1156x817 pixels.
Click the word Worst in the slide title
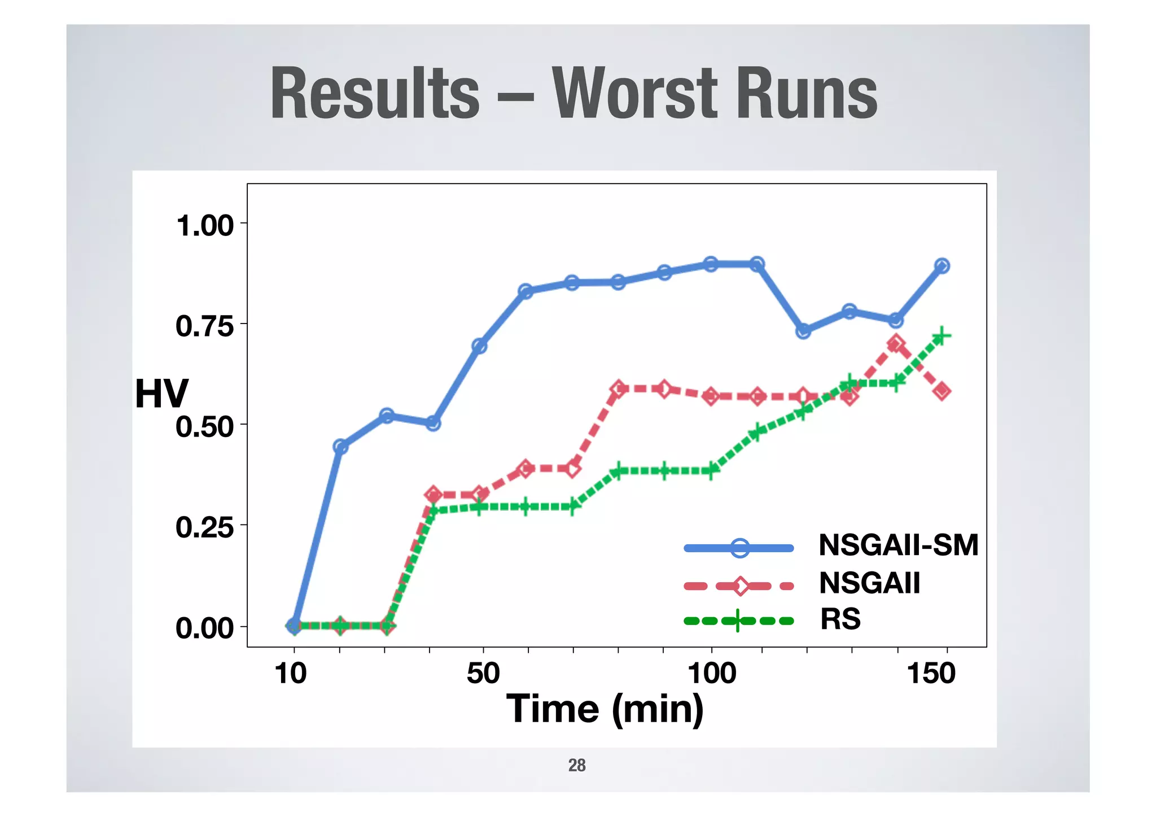click(x=636, y=93)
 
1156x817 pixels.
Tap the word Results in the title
click(x=375, y=93)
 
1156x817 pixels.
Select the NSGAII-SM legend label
click(x=898, y=545)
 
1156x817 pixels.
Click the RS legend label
click(x=840, y=619)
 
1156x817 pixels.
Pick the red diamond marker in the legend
click(x=740, y=586)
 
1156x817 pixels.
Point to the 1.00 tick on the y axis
click(x=205, y=225)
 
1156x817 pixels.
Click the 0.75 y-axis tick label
click(x=204, y=326)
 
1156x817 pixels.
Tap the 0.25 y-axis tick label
click(x=204, y=527)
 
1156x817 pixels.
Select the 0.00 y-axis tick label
click(x=204, y=628)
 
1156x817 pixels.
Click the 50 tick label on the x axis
click(x=483, y=673)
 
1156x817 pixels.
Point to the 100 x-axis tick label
click(x=711, y=673)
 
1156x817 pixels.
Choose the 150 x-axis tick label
click(x=931, y=673)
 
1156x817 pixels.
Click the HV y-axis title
click(x=161, y=394)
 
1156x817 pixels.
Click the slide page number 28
click(x=577, y=765)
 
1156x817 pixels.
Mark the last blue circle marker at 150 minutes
click(x=942, y=266)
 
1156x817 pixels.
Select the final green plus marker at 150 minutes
click(x=941, y=337)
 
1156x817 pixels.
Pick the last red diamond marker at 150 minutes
click(x=942, y=391)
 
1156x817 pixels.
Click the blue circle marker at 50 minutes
click(x=479, y=346)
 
